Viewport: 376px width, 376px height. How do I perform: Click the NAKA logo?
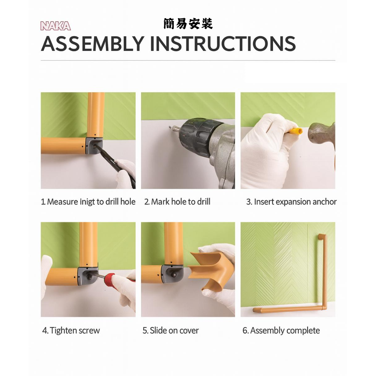pos(55,26)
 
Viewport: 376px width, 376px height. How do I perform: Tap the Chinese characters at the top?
pos(188,24)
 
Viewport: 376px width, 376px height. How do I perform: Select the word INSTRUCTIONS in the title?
pos(223,44)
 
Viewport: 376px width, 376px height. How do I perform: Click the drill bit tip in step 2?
pos(170,127)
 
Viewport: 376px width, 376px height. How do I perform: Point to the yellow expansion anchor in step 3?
pos(296,131)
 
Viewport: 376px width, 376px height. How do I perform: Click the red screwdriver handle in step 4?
pos(113,279)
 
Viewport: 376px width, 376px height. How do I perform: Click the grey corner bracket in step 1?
pos(94,146)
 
